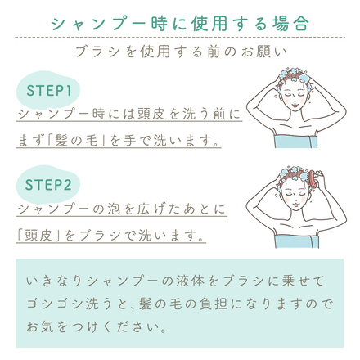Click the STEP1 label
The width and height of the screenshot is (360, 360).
pyautogui.click(x=49, y=91)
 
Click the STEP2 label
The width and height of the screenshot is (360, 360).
pyautogui.click(x=48, y=185)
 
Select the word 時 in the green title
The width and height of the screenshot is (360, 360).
pyautogui.click(x=159, y=24)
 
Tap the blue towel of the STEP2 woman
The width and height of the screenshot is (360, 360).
pyautogui.click(x=296, y=241)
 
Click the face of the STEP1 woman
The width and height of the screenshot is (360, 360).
pyautogui.click(x=294, y=97)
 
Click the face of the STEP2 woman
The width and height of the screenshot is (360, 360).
pyautogui.click(x=294, y=197)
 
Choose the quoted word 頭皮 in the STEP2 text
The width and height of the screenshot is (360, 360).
pyautogui.click(x=38, y=235)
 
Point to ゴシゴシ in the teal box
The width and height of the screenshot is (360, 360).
pyautogui.click(x=54, y=304)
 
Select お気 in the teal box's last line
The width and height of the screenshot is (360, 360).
pyautogui.click(x=40, y=327)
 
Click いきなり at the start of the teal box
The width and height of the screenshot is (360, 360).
pyautogui.click(x=54, y=281)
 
